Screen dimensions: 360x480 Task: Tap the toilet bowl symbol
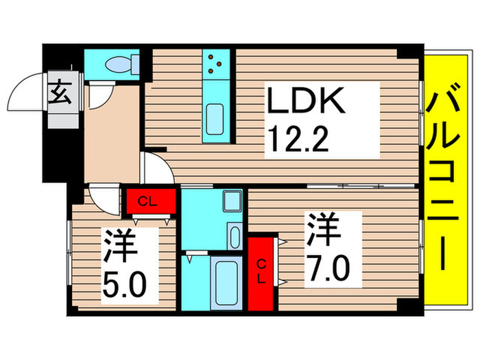point(120,64)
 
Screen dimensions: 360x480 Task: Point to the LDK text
point(305,104)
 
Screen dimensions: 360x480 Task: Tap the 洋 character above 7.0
point(323,230)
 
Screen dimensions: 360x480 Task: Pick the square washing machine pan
point(233,202)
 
